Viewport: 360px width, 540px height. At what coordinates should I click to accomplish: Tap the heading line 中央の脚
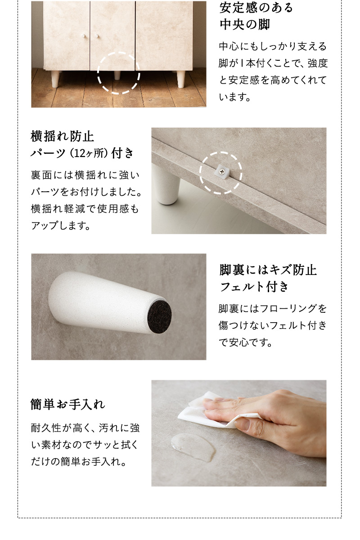coord(244,25)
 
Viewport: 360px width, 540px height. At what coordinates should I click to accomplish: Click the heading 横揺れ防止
coord(62,136)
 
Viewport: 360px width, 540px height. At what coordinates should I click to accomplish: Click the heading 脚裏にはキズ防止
coord(268,270)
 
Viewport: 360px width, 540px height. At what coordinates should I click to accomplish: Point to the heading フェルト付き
coord(254,287)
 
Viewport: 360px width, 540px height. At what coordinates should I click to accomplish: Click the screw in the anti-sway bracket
coord(222,170)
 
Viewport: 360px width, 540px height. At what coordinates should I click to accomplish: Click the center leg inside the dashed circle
coord(117,75)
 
